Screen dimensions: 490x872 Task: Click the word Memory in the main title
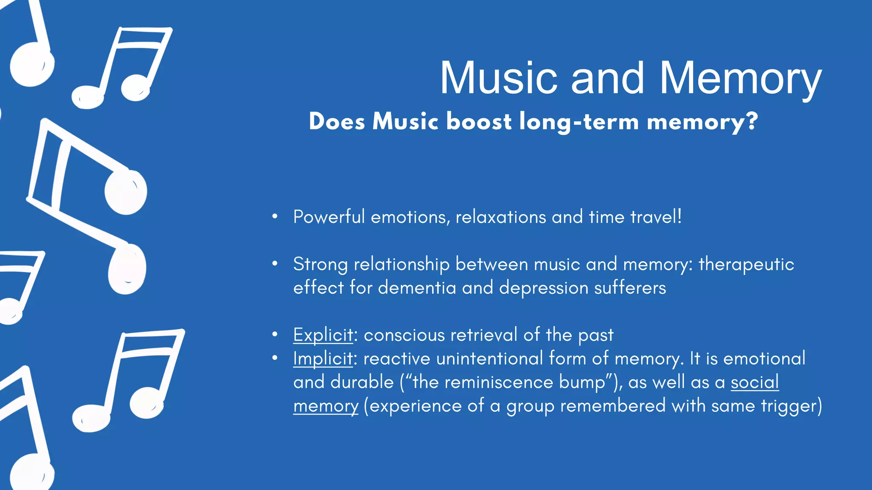(x=740, y=79)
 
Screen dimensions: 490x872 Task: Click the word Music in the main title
(x=499, y=79)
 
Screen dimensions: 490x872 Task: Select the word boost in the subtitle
(x=479, y=122)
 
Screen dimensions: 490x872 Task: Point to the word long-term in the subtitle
(x=579, y=122)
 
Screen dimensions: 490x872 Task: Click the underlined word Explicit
(x=323, y=335)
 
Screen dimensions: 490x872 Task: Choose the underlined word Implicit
(x=323, y=359)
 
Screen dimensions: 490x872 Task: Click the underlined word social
(x=754, y=382)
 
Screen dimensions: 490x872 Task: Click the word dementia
(x=417, y=288)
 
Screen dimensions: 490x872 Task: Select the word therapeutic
(x=746, y=265)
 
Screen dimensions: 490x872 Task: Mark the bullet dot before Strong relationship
(x=275, y=264)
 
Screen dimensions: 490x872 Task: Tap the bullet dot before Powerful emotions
(x=275, y=217)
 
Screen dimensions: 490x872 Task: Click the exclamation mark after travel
(x=680, y=217)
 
